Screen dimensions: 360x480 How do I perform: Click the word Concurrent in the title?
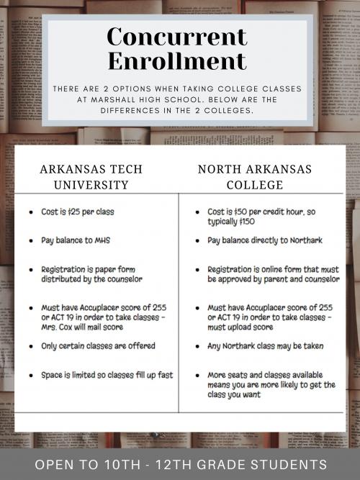pos(176,36)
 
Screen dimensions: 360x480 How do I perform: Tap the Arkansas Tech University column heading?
pos(91,177)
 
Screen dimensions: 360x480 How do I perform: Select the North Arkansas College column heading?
pos(255,177)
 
